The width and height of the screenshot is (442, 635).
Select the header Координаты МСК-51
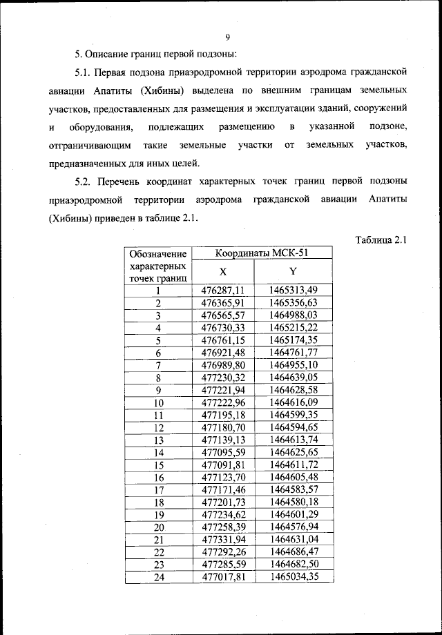tap(254, 253)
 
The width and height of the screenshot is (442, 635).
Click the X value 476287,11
tap(223, 291)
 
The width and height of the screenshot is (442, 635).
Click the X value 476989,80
tap(223, 364)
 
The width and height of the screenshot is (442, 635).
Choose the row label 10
tap(158, 402)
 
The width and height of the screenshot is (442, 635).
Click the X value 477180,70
tap(223, 427)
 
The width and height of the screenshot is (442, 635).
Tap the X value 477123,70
tap(223, 476)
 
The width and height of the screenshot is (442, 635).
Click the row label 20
tap(158, 527)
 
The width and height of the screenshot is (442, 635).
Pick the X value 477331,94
tap(223, 539)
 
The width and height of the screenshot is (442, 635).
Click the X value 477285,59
tap(223, 564)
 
